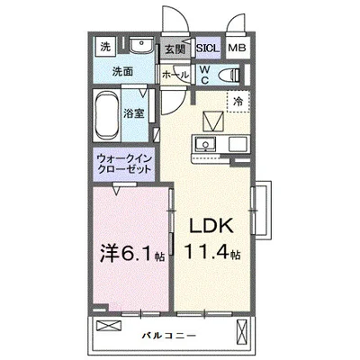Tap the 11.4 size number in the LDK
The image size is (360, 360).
coord(212,254)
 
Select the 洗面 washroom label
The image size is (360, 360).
coord(112,70)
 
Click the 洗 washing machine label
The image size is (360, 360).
coord(105,47)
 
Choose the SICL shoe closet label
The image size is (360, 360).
coord(206,49)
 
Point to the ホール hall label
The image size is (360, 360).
coord(174,76)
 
